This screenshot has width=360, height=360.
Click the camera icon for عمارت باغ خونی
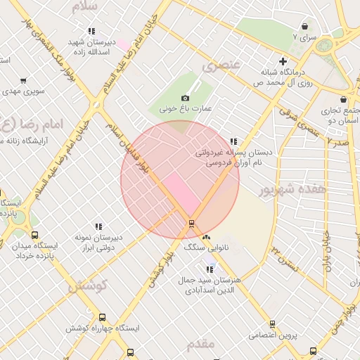(x=185, y=98)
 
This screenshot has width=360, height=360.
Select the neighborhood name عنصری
(x=221, y=66)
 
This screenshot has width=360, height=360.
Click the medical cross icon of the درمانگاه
(x=283, y=61)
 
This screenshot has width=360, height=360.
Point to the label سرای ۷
(x=305, y=35)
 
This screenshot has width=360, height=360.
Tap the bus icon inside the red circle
(x=191, y=224)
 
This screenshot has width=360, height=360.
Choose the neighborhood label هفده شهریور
(x=284, y=190)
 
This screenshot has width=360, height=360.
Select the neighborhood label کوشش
(x=86, y=286)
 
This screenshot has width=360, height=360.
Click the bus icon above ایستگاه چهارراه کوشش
(x=103, y=318)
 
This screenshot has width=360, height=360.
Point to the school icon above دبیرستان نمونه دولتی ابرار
(x=98, y=226)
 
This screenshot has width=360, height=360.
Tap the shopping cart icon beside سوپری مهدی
(x=24, y=81)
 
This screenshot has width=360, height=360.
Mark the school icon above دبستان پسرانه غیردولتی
(x=233, y=141)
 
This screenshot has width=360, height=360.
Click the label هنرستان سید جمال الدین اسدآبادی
(x=208, y=284)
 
